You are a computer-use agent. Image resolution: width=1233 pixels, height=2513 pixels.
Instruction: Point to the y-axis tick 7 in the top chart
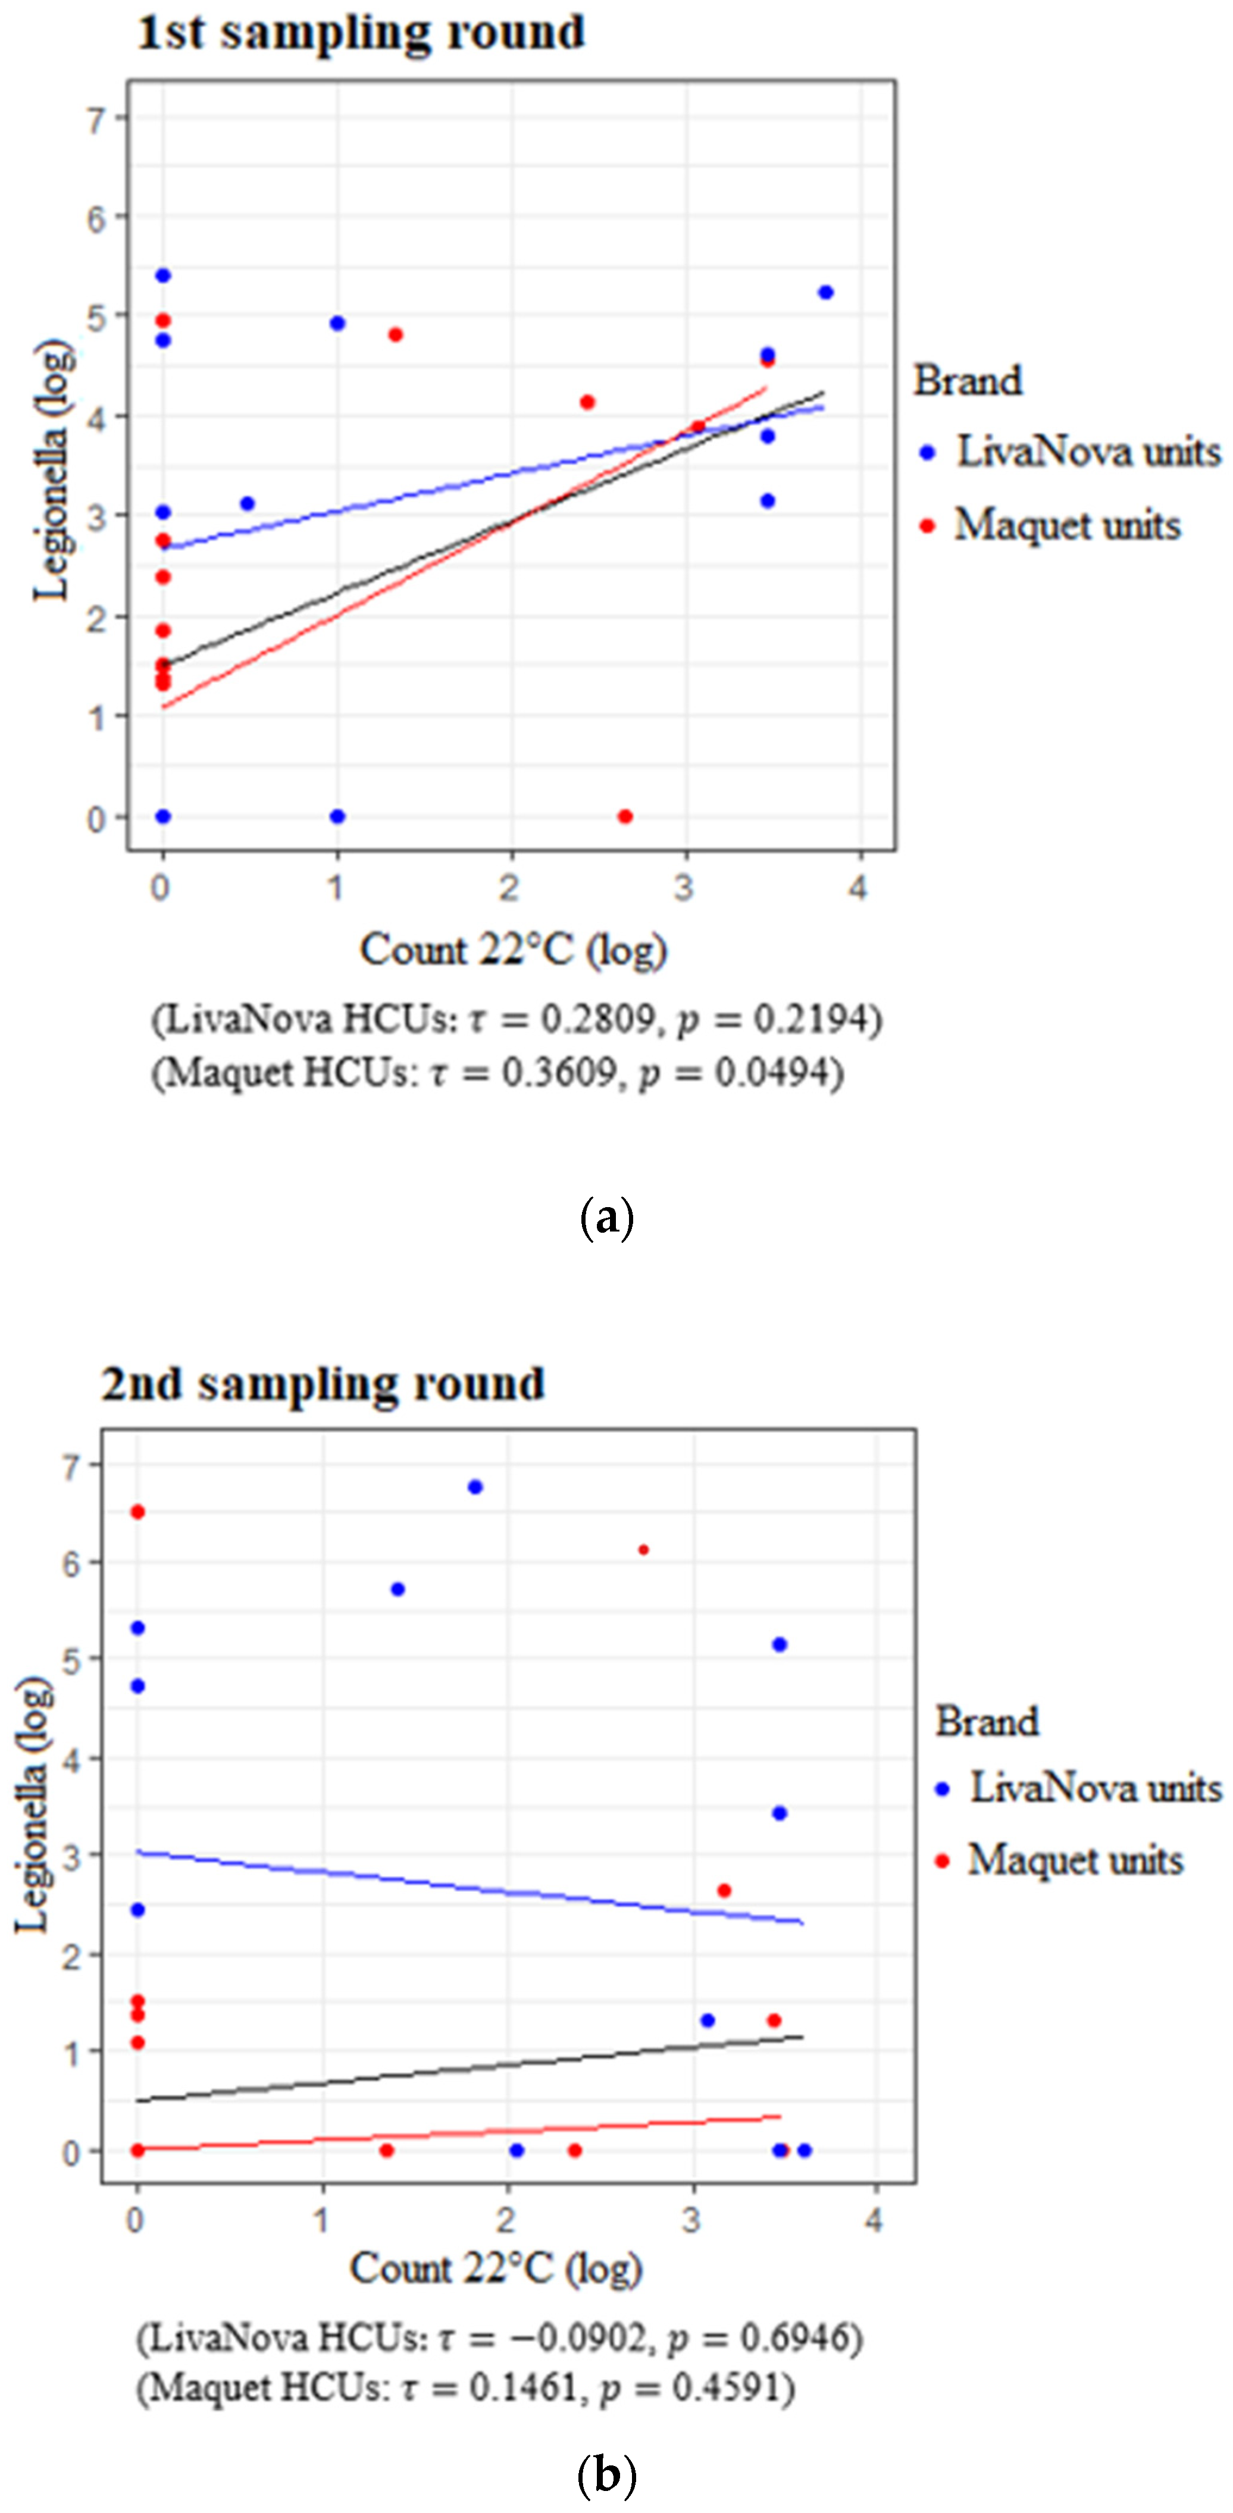pyautogui.click(x=96, y=121)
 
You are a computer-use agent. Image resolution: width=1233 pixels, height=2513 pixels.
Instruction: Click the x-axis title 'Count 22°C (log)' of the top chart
pyautogui.click(x=513, y=949)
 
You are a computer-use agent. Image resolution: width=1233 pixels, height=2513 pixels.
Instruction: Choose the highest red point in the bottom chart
pyautogui.click(x=137, y=1512)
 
